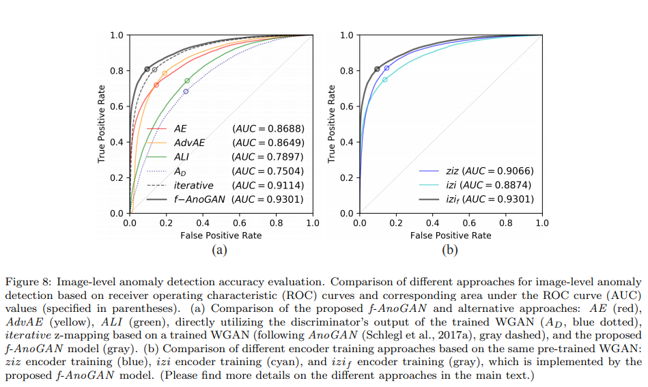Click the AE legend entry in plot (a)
pos(180,128)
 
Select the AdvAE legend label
pos(189,142)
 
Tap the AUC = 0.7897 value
pos(268,156)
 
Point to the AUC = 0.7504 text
pos(268,171)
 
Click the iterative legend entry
pos(193,185)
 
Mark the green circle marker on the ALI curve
pos(187,81)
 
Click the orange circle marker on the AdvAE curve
pos(165,73)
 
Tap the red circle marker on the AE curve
pos(156,85)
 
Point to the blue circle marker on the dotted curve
pos(185,91)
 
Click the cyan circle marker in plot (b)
pos(384,80)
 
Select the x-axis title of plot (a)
pos(221,235)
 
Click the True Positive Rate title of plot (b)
pos(333,124)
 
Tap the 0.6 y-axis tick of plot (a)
pos(116,106)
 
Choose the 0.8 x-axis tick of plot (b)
pos(505,222)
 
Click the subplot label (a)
pos(220,250)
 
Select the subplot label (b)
pos(450,250)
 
